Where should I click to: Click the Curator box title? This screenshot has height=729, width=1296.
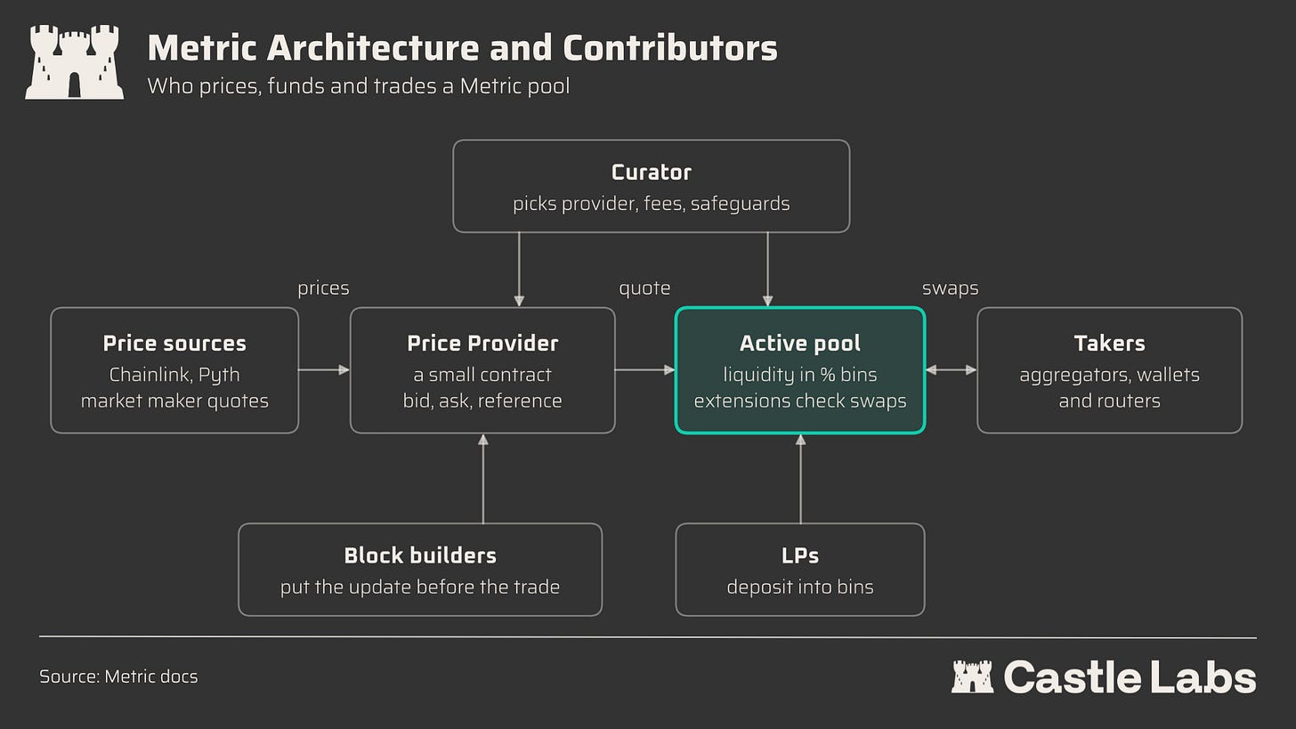[x=651, y=173]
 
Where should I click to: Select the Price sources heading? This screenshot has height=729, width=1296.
[x=174, y=343]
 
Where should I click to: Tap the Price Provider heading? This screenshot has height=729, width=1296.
[x=482, y=343]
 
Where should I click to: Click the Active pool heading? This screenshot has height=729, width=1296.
[x=800, y=343]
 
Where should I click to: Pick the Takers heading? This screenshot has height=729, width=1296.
[x=1110, y=343]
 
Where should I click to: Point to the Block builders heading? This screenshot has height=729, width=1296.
[x=420, y=555]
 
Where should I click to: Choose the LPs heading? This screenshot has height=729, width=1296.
[x=800, y=555]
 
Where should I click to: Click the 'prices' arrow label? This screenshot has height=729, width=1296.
[x=323, y=288]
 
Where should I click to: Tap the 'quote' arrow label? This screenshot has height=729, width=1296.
[x=644, y=288]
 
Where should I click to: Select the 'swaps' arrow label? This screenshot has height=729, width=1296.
[x=950, y=288]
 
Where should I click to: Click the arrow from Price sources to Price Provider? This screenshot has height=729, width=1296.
[x=324, y=369]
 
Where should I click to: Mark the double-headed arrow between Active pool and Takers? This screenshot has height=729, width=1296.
[x=952, y=369]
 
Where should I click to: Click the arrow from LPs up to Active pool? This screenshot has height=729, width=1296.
[x=801, y=479]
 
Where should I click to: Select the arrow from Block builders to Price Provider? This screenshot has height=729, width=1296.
[x=483, y=479]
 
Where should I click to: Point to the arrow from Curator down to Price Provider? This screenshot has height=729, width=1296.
[x=519, y=270]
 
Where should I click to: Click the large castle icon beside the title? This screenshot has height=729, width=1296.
[x=74, y=62]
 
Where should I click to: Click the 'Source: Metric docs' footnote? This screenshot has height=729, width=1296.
[x=118, y=676]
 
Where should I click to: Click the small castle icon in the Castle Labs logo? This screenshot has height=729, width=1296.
[x=972, y=676]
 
